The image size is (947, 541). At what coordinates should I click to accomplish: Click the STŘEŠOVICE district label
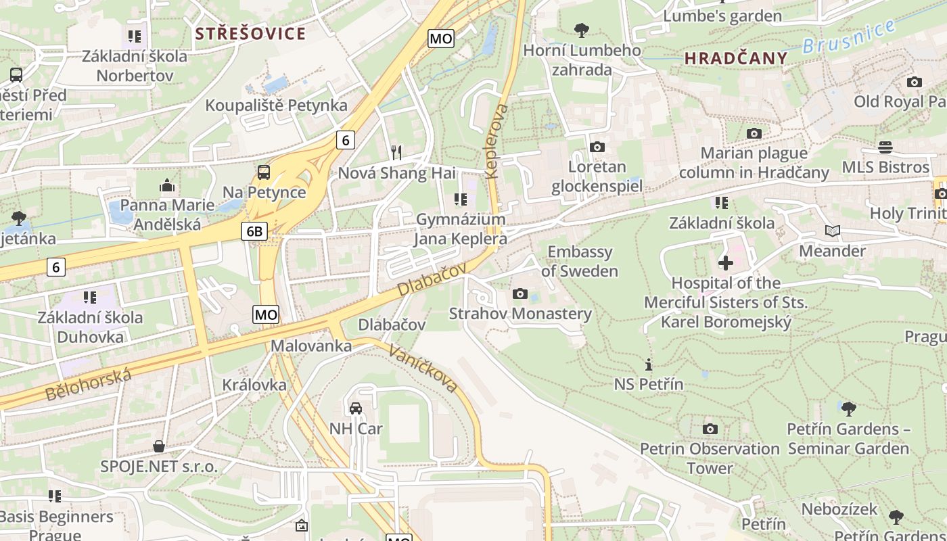[x=250, y=34]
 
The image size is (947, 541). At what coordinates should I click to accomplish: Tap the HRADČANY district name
[x=736, y=58]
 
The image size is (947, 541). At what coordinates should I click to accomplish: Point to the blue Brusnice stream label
[x=850, y=38]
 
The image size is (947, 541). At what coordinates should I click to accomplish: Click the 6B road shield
[x=254, y=232]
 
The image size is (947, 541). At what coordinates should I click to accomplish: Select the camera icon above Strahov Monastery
[x=520, y=293]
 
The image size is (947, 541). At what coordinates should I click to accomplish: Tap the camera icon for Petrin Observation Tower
[x=710, y=429]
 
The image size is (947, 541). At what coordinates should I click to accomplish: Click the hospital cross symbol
[x=726, y=262]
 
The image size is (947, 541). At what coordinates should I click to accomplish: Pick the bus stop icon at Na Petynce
[x=264, y=172]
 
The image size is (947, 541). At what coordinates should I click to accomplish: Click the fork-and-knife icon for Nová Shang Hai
[x=396, y=153]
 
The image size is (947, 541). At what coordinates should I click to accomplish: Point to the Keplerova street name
[x=496, y=141]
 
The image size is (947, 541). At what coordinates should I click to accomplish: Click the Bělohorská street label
[x=88, y=384]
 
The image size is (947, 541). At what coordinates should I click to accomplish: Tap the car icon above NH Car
[x=356, y=408]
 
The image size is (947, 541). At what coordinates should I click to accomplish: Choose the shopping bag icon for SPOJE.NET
[x=159, y=446]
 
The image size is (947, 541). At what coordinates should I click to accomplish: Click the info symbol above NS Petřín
[x=649, y=365]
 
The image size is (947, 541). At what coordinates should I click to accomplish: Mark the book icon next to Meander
[x=832, y=231]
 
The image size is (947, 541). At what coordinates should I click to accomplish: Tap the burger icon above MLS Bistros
[x=885, y=147]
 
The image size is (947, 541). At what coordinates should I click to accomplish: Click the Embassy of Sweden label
[x=580, y=262]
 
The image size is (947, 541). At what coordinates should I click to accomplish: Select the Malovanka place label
[x=311, y=346]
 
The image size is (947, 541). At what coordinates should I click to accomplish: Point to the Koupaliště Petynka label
[x=276, y=105]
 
